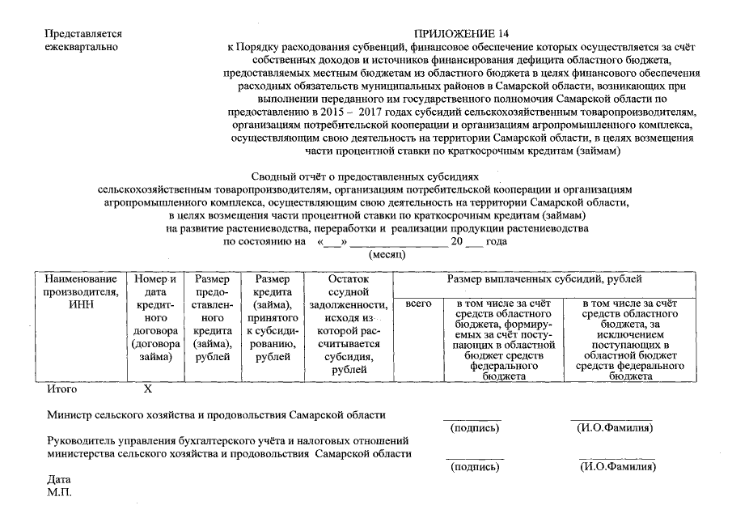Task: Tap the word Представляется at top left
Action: [x=84, y=34]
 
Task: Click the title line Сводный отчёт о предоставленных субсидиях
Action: [x=366, y=176]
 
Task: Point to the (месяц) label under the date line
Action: [x=387, y=254]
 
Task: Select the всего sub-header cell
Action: [x=417, y=304]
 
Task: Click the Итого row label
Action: [x=62, y=389]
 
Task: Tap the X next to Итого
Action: [x=148, y=389]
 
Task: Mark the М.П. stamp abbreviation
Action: [x=60, y=492]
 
